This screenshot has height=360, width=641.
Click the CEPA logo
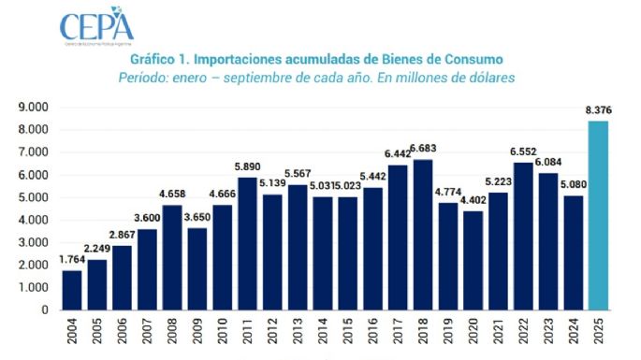pyautogui.click(x=97, y=27)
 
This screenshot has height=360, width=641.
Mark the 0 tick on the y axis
pyautogui.click(x=44, y=310)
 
